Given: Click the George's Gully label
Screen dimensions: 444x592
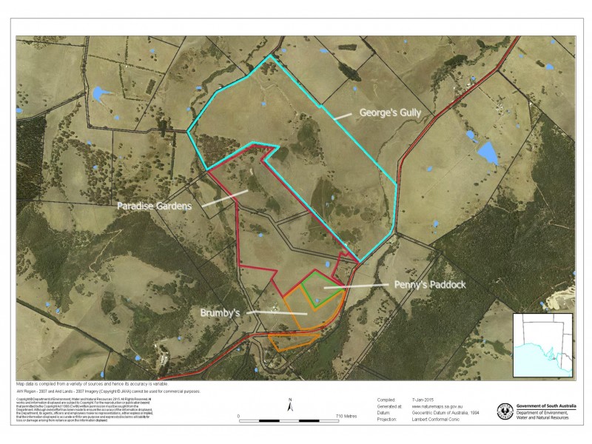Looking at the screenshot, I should click(393, 114).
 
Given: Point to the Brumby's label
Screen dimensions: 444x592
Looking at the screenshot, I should click(221, 313).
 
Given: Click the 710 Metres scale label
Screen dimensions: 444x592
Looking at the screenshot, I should click(346, 417).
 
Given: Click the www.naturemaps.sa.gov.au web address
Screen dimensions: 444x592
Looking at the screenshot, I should click(437, 406).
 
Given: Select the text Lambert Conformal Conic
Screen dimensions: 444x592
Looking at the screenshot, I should click(440, 420).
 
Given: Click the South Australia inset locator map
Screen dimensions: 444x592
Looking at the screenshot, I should click(543, 345).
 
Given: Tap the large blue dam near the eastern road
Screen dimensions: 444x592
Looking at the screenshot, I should click(487, 153).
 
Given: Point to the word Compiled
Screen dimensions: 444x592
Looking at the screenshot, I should click(387, 399).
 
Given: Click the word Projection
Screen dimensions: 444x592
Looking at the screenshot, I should click(388, 420).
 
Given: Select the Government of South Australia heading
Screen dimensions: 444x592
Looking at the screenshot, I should click(544, 406).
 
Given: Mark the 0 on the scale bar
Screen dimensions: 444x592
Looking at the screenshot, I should click(238, 417).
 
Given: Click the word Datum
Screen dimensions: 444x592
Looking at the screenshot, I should click(385, 413).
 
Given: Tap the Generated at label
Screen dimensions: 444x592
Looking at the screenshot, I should click(389, 406).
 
